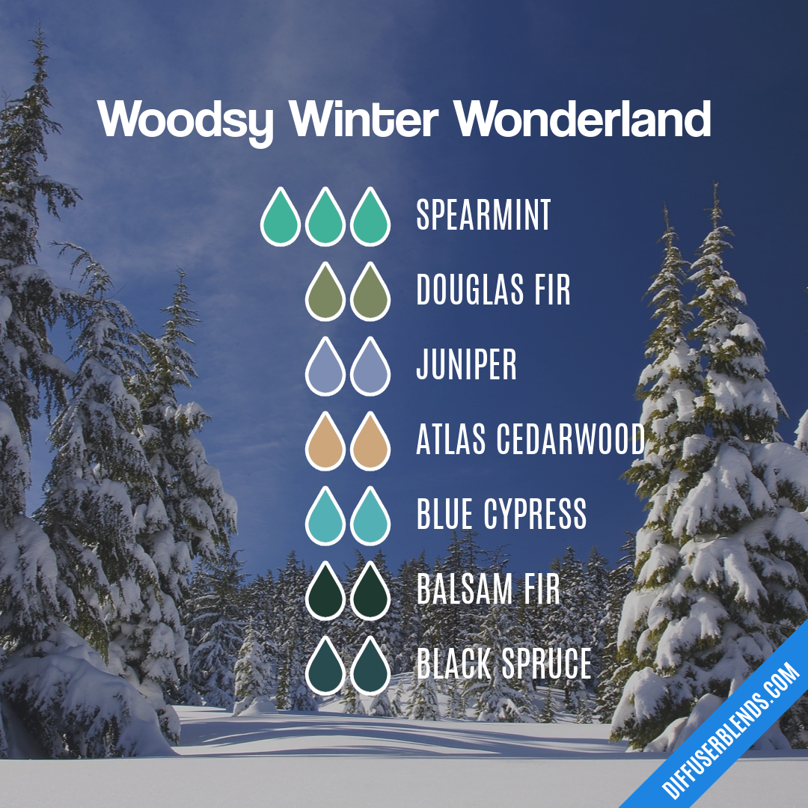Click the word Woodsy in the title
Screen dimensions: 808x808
pos(185,120)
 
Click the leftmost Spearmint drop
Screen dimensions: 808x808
pos(281,218)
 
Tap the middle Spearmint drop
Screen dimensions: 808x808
pos(325,218)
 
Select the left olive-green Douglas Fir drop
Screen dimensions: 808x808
pos(325,293)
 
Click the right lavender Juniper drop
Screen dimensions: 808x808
pos(370,367)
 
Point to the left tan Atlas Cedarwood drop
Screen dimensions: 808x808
pos(325,442)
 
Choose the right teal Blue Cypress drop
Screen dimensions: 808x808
pos(370,517)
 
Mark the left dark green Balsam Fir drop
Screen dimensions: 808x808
pos(325,592)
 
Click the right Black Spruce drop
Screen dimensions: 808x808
pos(370,667)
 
